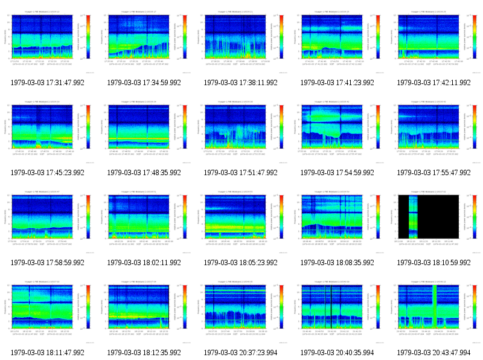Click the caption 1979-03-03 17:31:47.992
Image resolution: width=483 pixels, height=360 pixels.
point(48,83)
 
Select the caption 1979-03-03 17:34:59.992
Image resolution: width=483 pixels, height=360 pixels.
point(144,83)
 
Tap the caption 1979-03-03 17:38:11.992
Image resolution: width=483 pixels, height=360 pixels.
point(241,83)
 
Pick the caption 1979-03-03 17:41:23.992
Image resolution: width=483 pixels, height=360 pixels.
point(337,83)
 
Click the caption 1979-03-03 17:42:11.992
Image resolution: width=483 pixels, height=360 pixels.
point(434,83)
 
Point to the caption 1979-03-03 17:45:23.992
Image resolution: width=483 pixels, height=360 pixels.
point(48,173)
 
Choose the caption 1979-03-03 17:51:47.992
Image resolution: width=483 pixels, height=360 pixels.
point(241,173)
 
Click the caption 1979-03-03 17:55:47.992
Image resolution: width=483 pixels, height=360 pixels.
point(434,173)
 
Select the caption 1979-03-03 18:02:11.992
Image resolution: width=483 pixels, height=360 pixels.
point(144,263)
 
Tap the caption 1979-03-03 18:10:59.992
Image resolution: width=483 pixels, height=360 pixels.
point(434,263)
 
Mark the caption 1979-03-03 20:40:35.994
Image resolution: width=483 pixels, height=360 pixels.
point(337,353)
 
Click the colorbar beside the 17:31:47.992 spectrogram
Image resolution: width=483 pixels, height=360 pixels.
point(89,37)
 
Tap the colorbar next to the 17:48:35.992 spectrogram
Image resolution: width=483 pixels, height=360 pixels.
point(185,127)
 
